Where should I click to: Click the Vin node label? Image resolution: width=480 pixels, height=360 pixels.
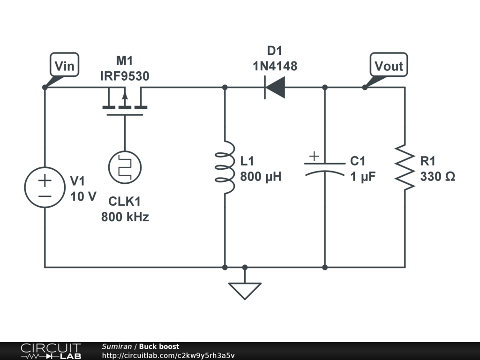pos(64,66)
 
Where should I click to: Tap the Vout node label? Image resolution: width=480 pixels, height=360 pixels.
pos(389,66)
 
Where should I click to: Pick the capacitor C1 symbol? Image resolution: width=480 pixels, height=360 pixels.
pos(325,167)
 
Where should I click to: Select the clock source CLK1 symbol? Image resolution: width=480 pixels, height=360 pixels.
pos(125,167)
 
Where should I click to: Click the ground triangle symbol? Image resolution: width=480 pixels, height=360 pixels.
pos(245,290)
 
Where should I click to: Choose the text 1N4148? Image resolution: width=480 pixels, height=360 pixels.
pos(275,66)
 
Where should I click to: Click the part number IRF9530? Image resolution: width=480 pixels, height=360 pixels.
pos(125,76)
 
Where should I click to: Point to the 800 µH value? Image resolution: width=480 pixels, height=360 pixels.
pos(261,177)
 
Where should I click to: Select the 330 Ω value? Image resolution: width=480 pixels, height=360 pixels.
pos(437,177)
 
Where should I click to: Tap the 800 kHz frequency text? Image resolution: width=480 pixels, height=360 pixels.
pos(125,217)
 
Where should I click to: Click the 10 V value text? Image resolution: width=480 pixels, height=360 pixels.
pos(83,196)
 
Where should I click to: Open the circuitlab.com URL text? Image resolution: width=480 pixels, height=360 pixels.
pos(168,355)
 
